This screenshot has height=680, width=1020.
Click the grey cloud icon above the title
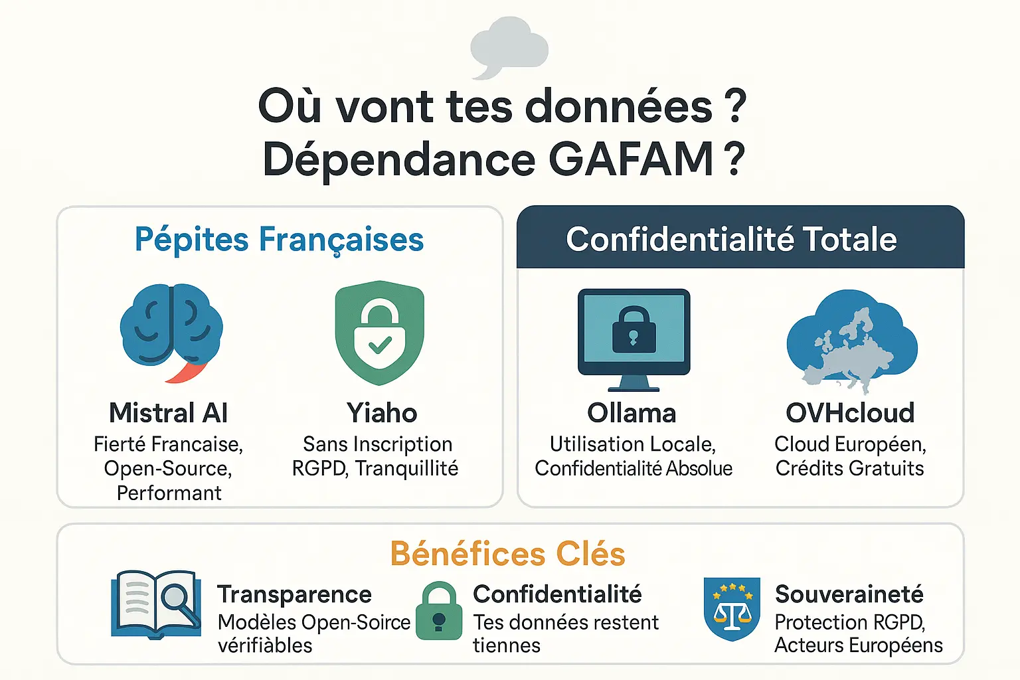tap(509, 45)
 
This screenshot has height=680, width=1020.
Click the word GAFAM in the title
tap(631, 159)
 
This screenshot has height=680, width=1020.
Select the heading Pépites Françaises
tap(279, 240)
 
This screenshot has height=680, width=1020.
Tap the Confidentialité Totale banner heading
tap(731, 239)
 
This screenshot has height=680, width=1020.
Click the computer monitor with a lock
tap(634, 339)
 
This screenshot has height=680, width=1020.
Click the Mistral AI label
tap(169, 413)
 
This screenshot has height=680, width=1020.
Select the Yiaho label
tap(382, 413)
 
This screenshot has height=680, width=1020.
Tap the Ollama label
tap(632, 413)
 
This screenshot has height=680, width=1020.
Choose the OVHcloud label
tap(850, 413)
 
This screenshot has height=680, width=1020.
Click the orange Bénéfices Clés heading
tap(507, 554)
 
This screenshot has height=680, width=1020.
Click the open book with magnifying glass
tap(157, 603)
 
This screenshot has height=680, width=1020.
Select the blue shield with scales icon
tap(732, 608)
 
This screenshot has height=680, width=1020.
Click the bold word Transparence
tap(294, 594)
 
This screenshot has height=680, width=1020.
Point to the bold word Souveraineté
tap(849, 594)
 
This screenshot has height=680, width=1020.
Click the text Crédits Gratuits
tap(849, 469)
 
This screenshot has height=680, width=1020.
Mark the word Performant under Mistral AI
tap(169, 493)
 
